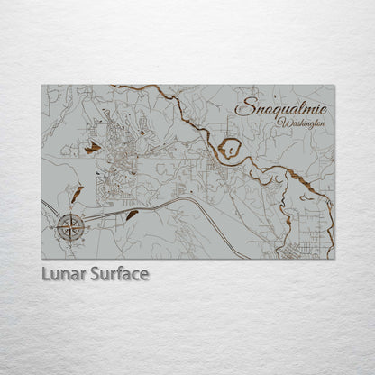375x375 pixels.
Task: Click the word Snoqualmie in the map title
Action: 281,106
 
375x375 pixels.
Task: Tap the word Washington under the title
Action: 301,122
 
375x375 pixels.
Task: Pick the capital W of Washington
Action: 282,122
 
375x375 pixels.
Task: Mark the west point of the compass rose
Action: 56,227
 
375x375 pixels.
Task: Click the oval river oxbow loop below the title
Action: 229,148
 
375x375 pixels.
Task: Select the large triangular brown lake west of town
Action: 92,147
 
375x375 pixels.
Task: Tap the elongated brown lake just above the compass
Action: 78,196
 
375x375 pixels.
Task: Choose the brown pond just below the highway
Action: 132,214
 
